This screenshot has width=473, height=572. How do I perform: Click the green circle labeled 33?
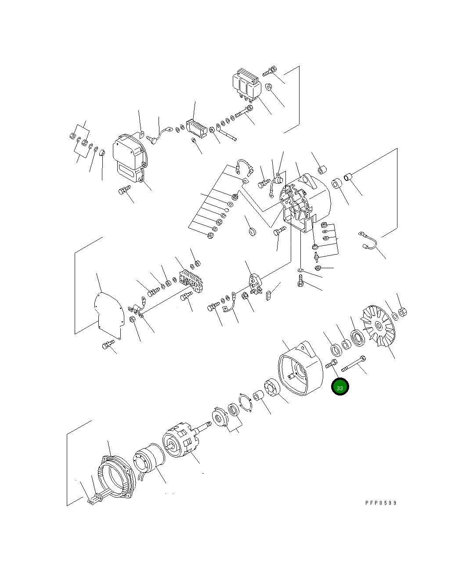(x=339, y=387)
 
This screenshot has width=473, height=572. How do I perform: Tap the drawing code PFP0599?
(x=380, y=503)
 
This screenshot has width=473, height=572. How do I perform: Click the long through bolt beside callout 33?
(x=353, y=363)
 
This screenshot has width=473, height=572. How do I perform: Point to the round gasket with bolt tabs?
(x=246, y=402)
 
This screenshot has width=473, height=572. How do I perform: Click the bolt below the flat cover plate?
(x=107, y=345)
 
